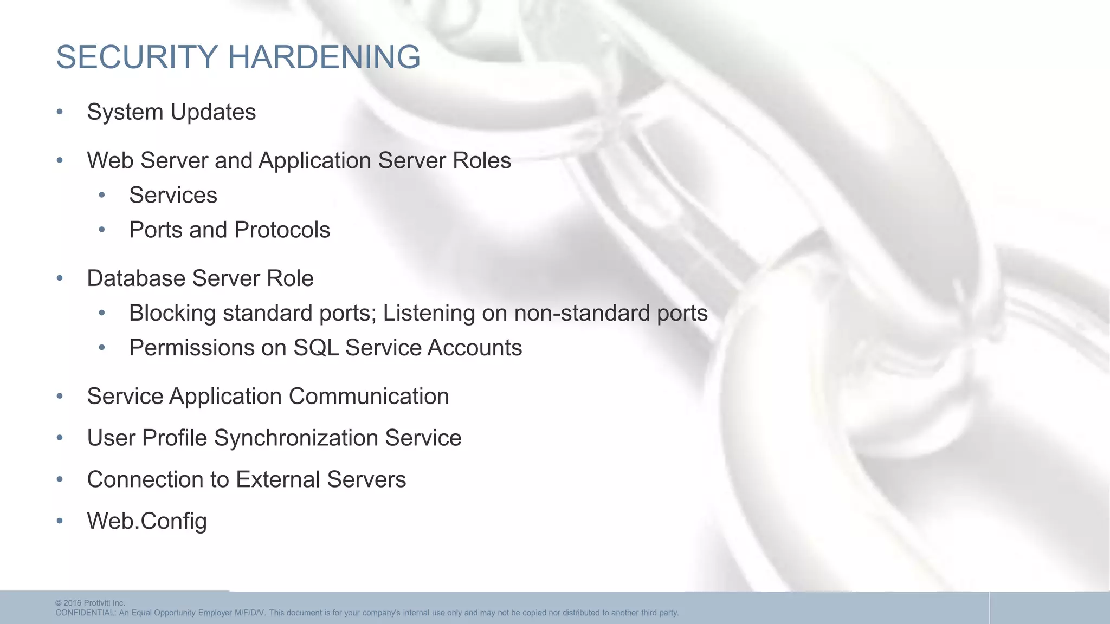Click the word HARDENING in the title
click(324, 57)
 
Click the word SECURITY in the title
click(137, 57)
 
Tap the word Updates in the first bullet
click(213, 112)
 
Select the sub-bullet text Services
click(173, 195)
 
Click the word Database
click(136, 278)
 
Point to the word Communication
click(369, 396)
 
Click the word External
click(277, 479)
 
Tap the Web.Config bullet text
click(147, 521)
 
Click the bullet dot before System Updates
click(60, 112)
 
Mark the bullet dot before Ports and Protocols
click(102, 230)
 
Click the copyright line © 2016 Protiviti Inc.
click(90, 603)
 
